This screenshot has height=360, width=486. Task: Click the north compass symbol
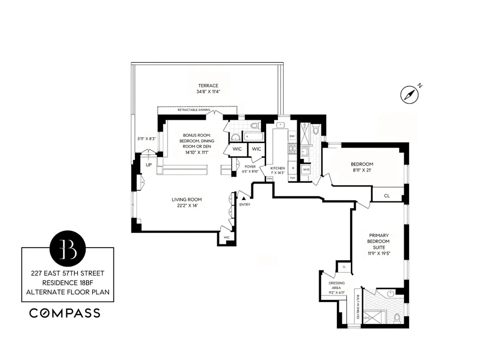tap(409, 94)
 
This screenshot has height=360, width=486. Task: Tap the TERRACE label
tap(208, 85)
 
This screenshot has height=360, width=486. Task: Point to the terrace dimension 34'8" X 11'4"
tap(208, 92)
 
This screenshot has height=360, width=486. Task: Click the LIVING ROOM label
tap(186, 199)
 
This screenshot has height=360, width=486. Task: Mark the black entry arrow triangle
tap(244, 198)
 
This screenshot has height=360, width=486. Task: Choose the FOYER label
tap(250, 166)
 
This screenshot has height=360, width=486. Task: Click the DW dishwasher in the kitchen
tap(292, 136)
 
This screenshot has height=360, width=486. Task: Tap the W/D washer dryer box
tap(306, 169)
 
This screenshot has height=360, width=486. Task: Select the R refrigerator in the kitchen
tap(293, 167)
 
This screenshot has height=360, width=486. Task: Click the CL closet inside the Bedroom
tap(386, 195)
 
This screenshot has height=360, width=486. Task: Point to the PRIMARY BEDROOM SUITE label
tap(379, 241)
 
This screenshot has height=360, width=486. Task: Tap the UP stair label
tap(148, 165)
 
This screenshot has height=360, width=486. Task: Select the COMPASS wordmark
tap(65, 313)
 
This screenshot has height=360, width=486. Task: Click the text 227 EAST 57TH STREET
tap(68, 273)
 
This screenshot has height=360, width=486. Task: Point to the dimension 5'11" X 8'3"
tap(146, 139)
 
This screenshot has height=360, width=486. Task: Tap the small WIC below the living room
tap(227, 237)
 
